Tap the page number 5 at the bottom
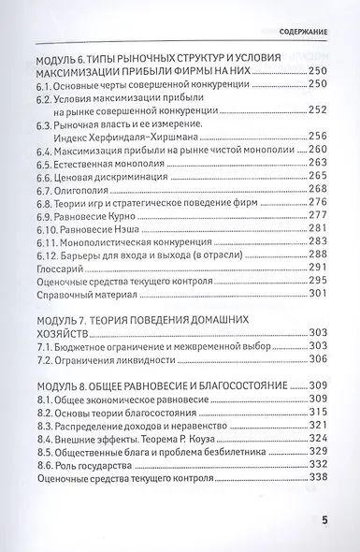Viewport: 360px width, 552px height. click(324, 520)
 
